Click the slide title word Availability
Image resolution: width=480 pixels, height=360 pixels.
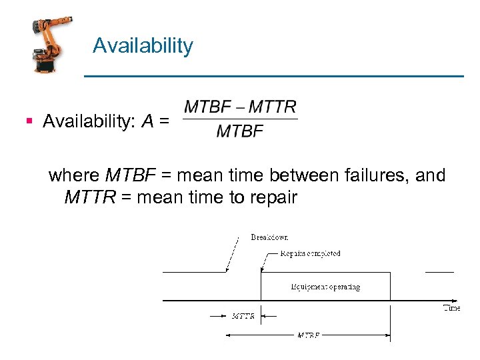[x=143, y=46]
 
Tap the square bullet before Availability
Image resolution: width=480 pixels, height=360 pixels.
[x=29, y=121]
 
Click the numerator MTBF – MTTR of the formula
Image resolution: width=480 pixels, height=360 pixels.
[x=240, y=107]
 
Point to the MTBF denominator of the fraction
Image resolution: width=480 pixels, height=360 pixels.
[x=240, y=131]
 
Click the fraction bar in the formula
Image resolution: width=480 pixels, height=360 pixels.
[x=240, y=119]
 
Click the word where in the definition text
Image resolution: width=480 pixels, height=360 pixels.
[x=74, y=175]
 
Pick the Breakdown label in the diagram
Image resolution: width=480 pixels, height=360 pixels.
[x=269, y=237]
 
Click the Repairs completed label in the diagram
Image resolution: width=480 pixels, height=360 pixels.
[x=310, y=253]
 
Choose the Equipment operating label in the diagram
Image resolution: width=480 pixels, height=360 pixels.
[x=325, y=287]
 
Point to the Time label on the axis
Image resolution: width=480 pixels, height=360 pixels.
[x=451, y=308]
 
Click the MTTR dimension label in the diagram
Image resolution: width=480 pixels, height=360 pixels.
[x=243, y=316]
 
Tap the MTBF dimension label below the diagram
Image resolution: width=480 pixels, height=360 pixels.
[x=308, y=335]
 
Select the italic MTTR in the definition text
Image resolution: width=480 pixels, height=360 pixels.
[x=90, y=197]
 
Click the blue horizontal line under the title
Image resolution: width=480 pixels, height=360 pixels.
[x=273, y=77]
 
